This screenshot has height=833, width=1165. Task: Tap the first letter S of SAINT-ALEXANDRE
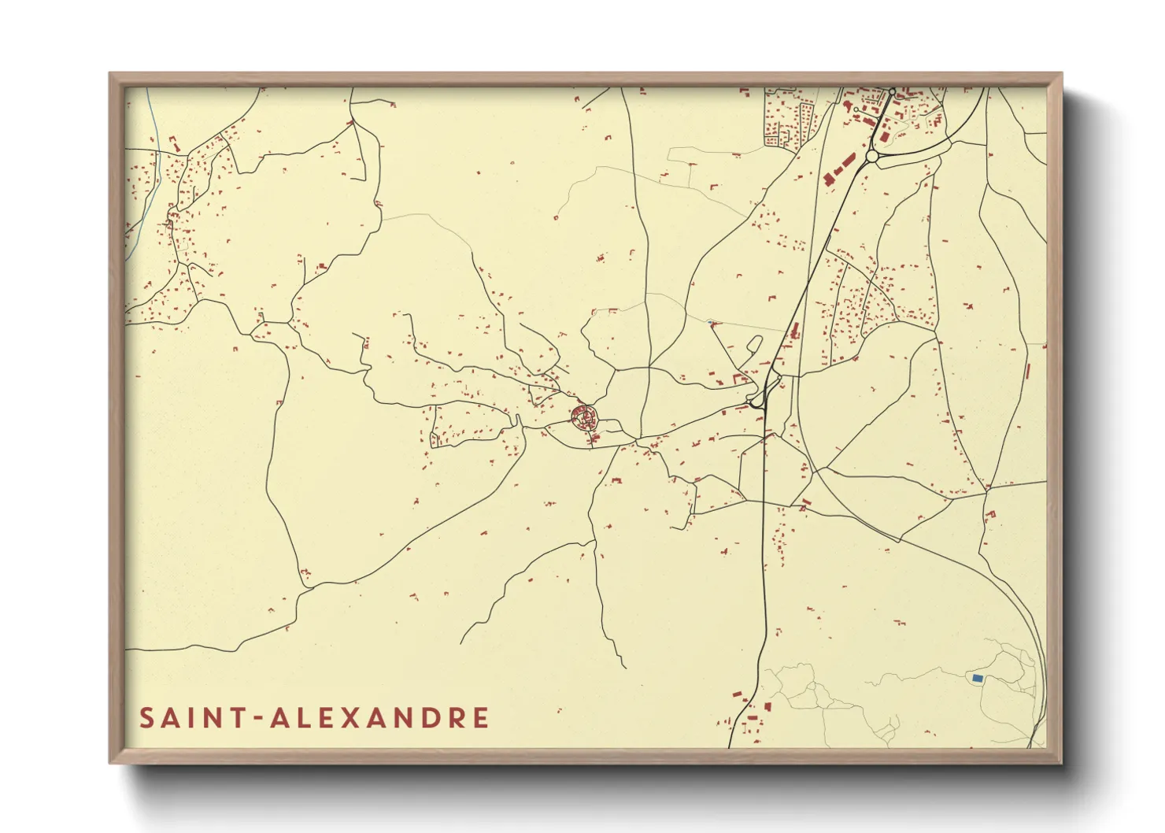tap(147, 718)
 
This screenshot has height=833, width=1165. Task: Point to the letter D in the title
tap(430, 718)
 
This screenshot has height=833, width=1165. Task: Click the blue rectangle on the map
tap(977, 678)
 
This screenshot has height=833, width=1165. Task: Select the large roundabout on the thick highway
tap(871, 157)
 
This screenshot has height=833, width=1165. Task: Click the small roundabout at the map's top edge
tap(892, 91)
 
